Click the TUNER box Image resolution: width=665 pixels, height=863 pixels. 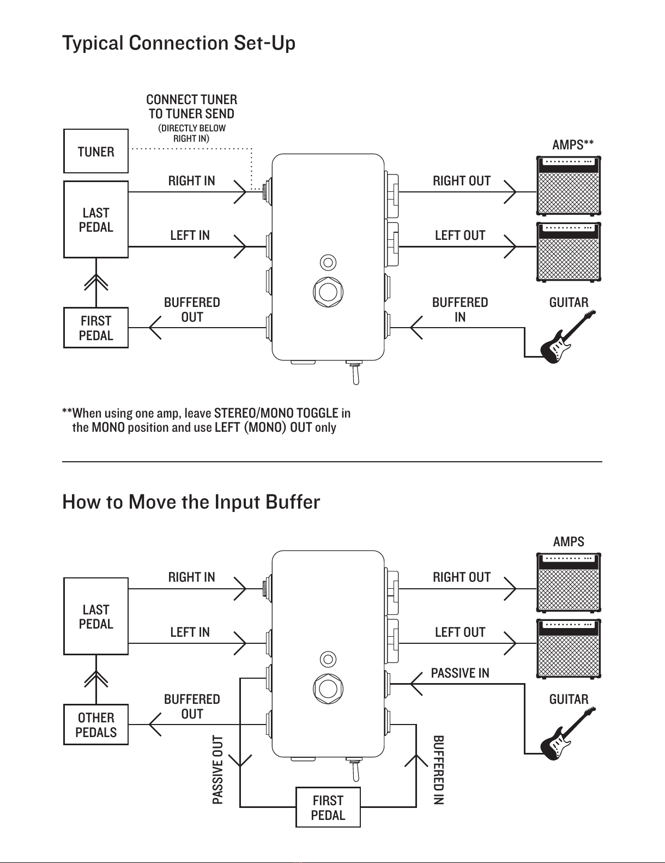[96, 151]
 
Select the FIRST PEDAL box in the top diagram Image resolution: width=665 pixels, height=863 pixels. [96, 328]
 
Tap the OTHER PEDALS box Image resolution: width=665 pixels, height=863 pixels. [96, 725]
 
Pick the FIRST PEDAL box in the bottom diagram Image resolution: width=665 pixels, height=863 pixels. [328, 807]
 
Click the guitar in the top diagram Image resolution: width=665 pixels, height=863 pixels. [568, 337]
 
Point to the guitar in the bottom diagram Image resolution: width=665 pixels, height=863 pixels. [568, 734]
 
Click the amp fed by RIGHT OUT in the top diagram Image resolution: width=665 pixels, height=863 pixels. [569, 186]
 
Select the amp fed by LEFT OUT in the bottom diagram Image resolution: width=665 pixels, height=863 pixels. [569, 649]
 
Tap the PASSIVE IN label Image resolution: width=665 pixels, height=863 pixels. [460, 673]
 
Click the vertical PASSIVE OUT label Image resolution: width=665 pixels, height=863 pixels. [218, 770]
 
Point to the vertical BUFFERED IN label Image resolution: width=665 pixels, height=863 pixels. [438, 770]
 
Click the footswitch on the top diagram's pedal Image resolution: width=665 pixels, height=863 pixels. [328, 292]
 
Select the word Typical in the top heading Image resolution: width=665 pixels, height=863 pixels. [93, 44]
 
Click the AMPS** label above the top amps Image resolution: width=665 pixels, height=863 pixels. [573, 144]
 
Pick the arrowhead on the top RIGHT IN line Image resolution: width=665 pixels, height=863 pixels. [240, 192]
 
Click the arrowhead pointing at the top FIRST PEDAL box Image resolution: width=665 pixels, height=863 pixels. [155, 328]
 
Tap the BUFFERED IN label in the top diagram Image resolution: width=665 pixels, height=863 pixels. [460, 310]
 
